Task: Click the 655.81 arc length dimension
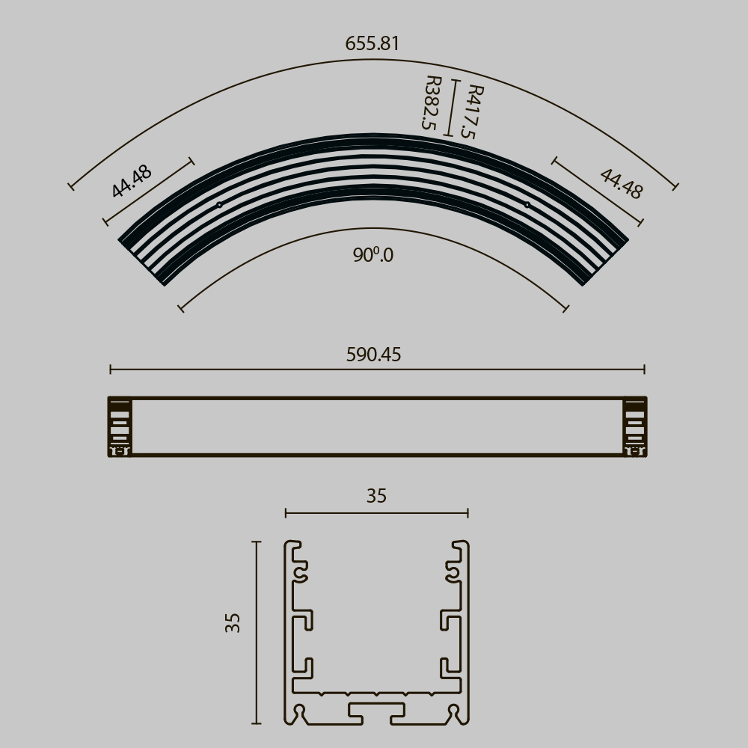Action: coord(373,44)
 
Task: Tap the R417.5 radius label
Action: coord(472,111)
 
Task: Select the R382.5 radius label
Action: coord(431,103)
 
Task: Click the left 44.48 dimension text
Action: coord(132,181)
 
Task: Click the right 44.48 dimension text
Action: coord(621,184)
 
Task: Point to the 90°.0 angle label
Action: coord(373,255)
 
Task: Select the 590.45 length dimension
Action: coord(373,355)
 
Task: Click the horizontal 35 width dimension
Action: coord(376,496)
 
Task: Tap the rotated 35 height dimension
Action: coord(233,623)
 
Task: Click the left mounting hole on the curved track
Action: coord(219,204)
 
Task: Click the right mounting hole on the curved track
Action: coord(527,204)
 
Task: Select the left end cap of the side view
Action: coord(120,426)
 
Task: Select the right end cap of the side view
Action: coord(635,426)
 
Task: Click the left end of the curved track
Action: coord(142,261)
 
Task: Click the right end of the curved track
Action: coord(606,261)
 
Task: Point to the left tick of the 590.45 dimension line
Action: coord(111,369)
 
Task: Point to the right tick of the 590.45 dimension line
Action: coord(644,369)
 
